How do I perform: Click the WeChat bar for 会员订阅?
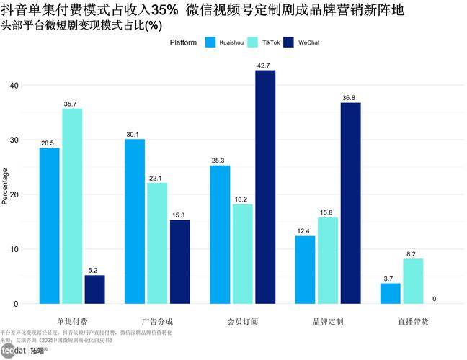coord(265,187)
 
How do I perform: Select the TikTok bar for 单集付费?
coord(72,206)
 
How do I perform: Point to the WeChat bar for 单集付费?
coord(94,289)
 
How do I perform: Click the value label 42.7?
coord(265,66)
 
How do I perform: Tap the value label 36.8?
coord(351,97)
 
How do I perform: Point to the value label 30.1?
coord(135,134)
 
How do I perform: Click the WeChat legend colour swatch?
coord(290,42)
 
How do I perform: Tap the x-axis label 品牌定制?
coord(328,320)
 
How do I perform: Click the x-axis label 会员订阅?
coord(242,320)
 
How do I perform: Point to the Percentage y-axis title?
coord(5,186)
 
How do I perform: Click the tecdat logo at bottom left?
coord(14,351)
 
